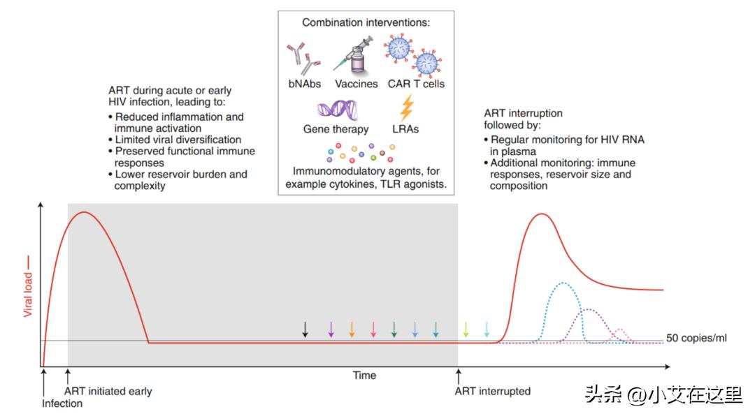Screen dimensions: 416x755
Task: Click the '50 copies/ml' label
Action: [696, 339]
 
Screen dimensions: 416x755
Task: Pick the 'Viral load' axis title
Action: [29, 286]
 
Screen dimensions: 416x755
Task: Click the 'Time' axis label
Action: [364, 376]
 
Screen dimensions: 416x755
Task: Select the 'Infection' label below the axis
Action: [62, 403]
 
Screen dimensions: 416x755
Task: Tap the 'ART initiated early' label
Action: [108, 391]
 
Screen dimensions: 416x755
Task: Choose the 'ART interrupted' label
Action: [492, 391]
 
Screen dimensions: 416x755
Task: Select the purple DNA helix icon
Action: [336, 110]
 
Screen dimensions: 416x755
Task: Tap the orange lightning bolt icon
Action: [406, 107]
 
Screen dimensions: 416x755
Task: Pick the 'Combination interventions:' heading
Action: [366, 22]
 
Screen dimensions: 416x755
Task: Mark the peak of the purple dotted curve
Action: [589, 309]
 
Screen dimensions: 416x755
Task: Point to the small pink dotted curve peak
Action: [620, 329]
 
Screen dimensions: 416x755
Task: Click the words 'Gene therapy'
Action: [336, 129]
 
